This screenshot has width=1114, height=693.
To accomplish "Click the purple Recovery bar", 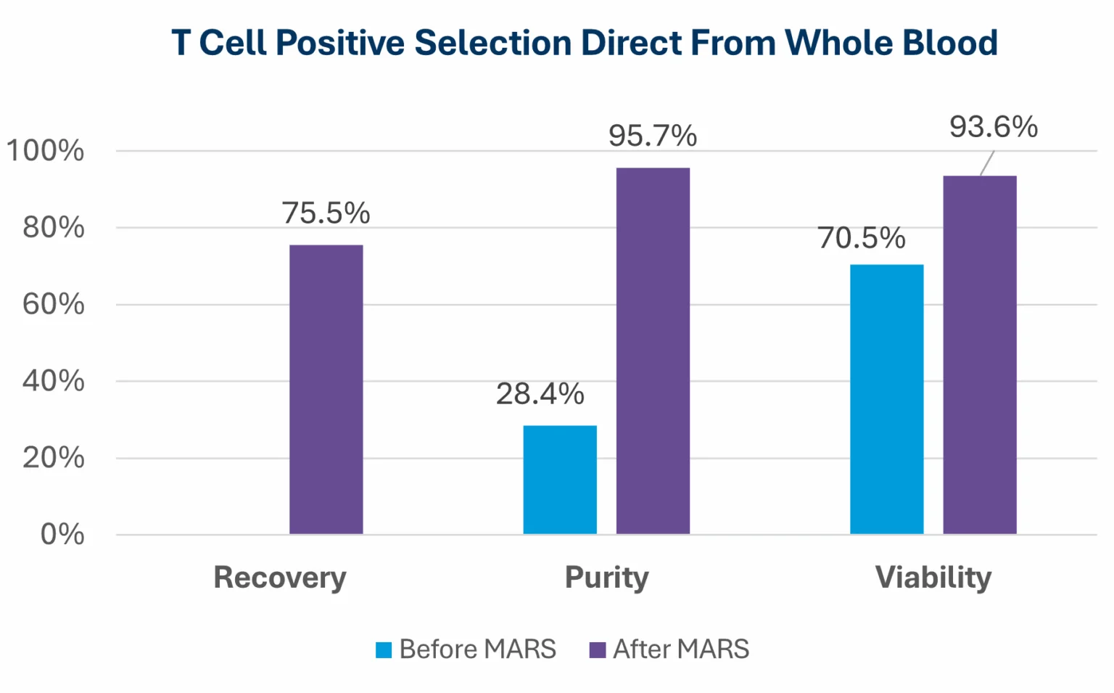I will [326, 390].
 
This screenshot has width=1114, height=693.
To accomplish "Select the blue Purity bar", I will [559, 480].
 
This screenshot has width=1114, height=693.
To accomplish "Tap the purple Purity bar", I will [653, 351].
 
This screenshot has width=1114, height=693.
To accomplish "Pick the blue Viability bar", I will [886, 399].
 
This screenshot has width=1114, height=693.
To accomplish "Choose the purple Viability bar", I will [979, 355].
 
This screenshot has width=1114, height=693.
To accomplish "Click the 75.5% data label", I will [326, 213].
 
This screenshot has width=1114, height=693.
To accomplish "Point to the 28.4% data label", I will [540, 394].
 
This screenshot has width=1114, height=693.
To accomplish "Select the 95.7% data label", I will [653, 136].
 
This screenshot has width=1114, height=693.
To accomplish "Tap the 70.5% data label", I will [862, 238].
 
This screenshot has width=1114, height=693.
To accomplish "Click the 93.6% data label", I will [994, 127].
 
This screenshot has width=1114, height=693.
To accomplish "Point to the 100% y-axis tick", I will [45, 151].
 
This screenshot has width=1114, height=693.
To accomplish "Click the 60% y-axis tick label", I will [53, 304].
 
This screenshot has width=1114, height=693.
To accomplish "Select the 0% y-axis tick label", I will [62, 535].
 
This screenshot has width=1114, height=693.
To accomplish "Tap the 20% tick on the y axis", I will [53, 458].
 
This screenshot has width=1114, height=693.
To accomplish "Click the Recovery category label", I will [280, 578].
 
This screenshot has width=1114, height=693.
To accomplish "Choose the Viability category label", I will [933, 578].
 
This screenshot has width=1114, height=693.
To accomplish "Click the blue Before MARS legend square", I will [384, 649].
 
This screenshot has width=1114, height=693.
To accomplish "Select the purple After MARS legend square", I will [598, 649].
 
